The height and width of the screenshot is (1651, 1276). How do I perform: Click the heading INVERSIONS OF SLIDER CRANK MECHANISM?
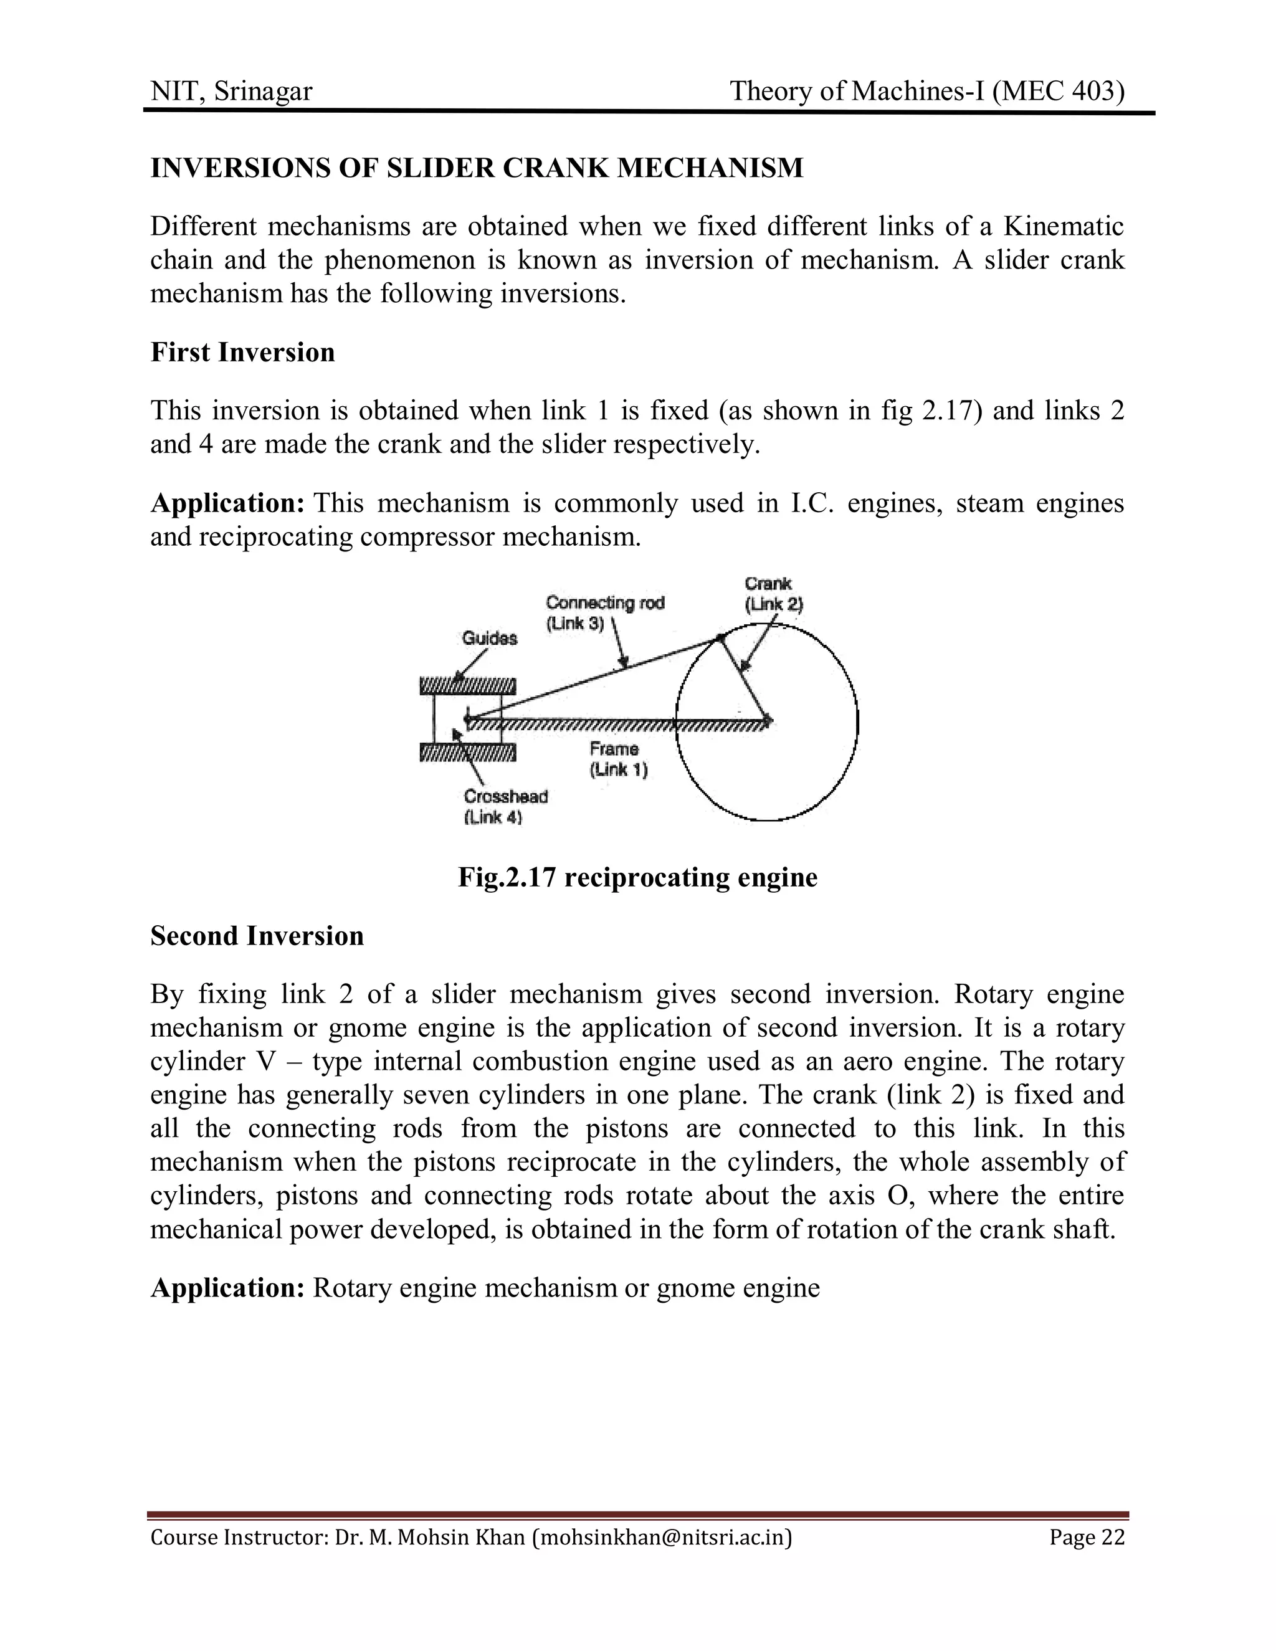click(x=476, y=168)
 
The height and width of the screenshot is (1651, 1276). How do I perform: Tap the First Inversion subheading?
click(x=242, y=352)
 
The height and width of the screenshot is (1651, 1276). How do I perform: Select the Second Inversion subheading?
click(x=257, y=936)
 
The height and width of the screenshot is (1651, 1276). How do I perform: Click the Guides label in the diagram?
click(x=490, y=638)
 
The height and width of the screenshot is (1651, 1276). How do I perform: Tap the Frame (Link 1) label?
click(x=617, y=759)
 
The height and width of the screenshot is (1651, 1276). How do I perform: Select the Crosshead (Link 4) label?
click(x=505, y=807)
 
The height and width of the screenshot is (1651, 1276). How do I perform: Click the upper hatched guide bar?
click(x=468, y=687)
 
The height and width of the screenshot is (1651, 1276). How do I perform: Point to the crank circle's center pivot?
click(x=766, y=719)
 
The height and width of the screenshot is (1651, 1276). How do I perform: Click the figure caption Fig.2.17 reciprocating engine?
click(x=637, y=877)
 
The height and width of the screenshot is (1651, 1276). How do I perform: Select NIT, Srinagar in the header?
click(x=231, y=92)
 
